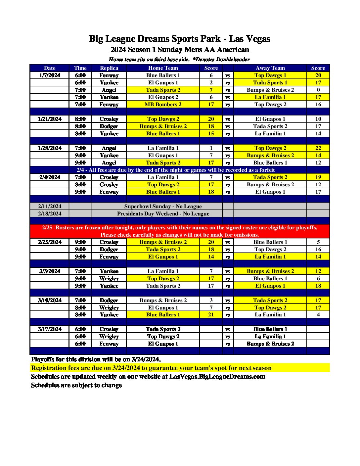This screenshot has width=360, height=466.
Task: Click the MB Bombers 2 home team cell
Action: (x=163, y=104)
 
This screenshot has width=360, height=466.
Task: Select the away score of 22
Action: (x=318, y=148)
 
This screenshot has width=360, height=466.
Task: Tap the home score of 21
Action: (x=211, y=314)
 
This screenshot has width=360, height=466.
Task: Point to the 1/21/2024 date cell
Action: (x=50, y=119)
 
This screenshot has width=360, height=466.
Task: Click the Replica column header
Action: (x=109, y=68)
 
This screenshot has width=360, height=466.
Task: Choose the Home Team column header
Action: (x=163, y=68)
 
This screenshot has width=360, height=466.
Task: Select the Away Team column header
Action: (x=270, y=68)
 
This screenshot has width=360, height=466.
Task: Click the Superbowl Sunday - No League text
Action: (x=163, y=206)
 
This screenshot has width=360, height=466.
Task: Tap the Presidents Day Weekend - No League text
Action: (x=163, y=213)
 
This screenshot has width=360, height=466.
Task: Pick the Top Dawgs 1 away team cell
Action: (x=270, y=75)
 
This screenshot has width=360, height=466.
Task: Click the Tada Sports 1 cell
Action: (x=270, y=82)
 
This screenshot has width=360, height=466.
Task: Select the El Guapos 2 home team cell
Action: (x=163, y=97)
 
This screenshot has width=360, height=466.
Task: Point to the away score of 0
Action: (x=318, y=90)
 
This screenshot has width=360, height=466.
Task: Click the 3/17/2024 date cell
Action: (x=50, y=329)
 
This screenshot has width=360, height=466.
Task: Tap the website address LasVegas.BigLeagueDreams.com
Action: (x=217, y=376)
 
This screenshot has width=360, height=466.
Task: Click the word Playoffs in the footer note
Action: (x=43, y=359)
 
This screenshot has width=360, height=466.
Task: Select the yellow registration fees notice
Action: (x=151, y=368)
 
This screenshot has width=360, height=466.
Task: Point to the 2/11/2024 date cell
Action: (x=50, y=206)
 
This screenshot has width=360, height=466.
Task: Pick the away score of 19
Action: (x=318, y=177)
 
